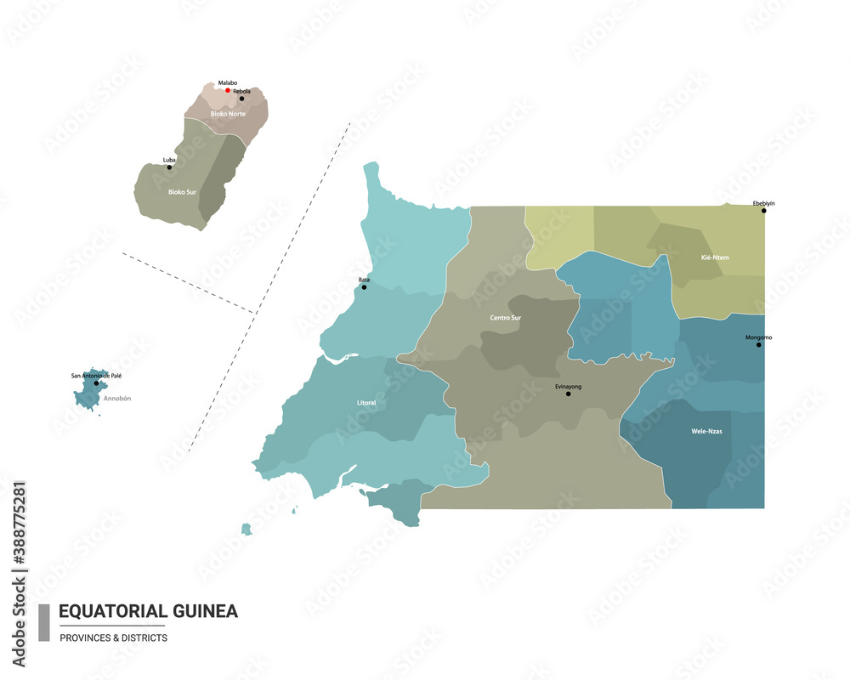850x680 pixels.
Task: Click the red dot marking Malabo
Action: [x=227, y=90]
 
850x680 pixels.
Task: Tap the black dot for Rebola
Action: [x=241, y=99]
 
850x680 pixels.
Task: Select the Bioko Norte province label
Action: [x=229, y=114]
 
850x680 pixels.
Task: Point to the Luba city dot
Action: [x=169, y=167]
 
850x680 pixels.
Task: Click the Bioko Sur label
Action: [x=182, y=192]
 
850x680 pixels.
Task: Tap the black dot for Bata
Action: [x=364, y=287]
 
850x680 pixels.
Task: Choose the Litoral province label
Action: [x=366, y=403]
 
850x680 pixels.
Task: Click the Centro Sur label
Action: [x=506, y=318]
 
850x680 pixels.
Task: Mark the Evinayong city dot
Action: [x=568, y=394]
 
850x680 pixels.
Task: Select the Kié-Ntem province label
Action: [x=715, y=258]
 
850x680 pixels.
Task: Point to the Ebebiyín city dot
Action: [x=763, y=211]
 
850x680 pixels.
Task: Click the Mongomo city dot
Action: [x=758, y=344]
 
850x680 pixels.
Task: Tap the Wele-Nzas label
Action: [x=706, y=431]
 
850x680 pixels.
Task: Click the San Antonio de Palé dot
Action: [x=96, y=383]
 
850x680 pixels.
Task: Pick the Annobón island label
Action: [x=117, y=398]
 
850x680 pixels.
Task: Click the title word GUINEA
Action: [x=205, y=611]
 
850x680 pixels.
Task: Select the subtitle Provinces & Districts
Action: [x=113, y=637]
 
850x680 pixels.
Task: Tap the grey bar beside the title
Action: [x=44, y=623]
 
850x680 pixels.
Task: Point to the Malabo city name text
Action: [x=227, y=82]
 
